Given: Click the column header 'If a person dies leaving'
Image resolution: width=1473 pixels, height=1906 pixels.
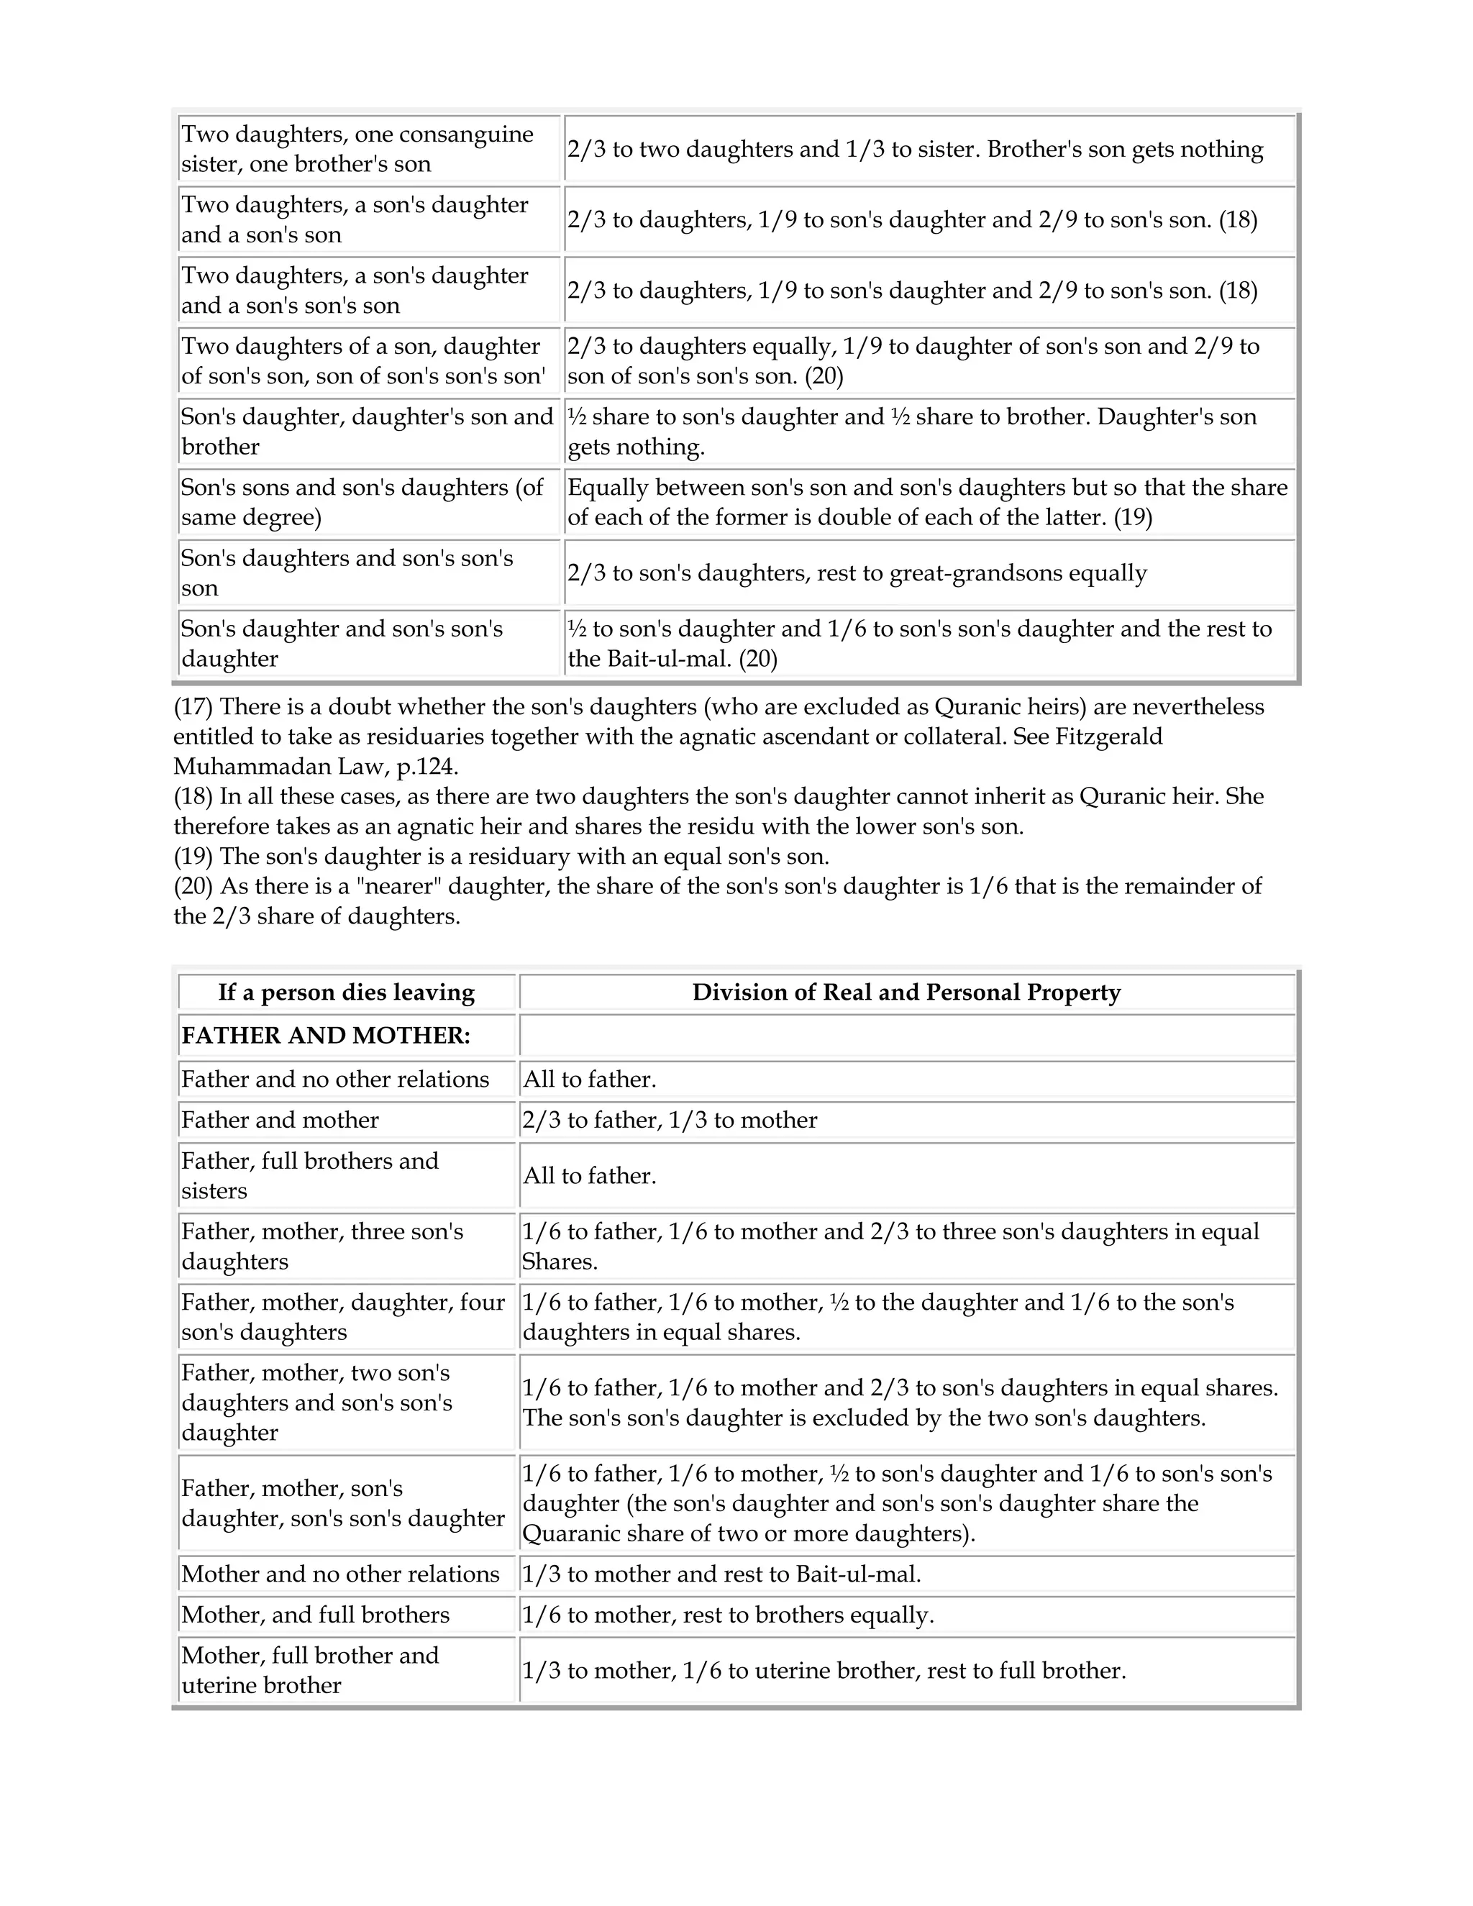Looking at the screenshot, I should coord(347,993).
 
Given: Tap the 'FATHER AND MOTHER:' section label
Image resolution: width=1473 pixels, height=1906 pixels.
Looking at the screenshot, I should coord(326,1036).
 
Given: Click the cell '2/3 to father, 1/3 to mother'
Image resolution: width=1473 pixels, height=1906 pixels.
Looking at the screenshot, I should coord(670,1121).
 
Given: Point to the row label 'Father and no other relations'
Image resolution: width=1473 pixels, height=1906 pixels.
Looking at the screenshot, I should coord(335,1080).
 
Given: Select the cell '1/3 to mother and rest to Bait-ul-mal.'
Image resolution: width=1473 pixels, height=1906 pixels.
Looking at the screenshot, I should coord(721,1574).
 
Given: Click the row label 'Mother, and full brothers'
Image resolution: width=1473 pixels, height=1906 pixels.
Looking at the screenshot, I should coord(315,1615).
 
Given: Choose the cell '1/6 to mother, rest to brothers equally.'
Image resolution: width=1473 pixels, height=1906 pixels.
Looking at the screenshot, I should coord(728,1615).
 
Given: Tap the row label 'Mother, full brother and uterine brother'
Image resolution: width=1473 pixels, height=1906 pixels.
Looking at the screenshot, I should coord(310,1670).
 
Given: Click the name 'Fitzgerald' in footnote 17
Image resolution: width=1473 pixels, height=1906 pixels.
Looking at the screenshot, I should coord(1108,737).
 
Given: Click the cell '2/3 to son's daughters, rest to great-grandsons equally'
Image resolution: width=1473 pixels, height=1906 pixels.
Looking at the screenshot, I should coord(857,573).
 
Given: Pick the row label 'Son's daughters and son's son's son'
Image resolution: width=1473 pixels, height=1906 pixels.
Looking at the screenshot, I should coord(347,573).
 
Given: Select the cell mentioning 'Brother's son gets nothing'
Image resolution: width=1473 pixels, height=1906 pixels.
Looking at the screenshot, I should coord(915,149).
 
